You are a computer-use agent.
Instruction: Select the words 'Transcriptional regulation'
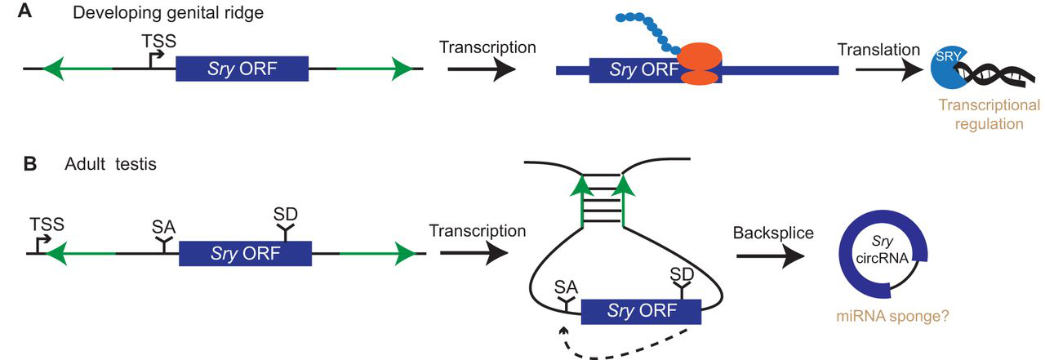click(x=988, y=115)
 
